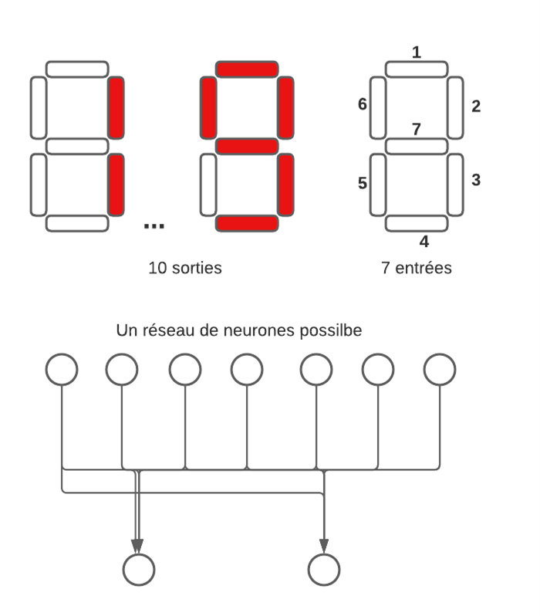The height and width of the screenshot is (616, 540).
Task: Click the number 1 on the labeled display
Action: click(417, 52)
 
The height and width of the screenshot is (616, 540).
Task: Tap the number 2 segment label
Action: click(476, 107)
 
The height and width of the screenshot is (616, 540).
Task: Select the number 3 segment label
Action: click(476, 180)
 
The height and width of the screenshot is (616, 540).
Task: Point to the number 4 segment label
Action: click(424, 242)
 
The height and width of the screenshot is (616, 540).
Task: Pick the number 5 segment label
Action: click(362, 183)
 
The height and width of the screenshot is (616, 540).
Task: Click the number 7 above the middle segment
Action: click(417, 129)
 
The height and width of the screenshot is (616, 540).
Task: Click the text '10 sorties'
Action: click(186, 269)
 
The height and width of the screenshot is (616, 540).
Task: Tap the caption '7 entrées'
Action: click(416, 269)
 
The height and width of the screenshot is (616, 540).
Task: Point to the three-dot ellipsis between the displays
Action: click(154, 225)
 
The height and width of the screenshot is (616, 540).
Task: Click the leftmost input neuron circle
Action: click(61, 369)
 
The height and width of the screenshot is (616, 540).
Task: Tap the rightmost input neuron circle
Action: click(440, 369)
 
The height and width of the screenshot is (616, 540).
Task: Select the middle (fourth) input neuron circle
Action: click(246, 369)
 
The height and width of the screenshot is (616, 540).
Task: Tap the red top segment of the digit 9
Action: click(246, 69)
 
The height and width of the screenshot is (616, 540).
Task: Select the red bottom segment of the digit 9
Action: click(246, 224)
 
